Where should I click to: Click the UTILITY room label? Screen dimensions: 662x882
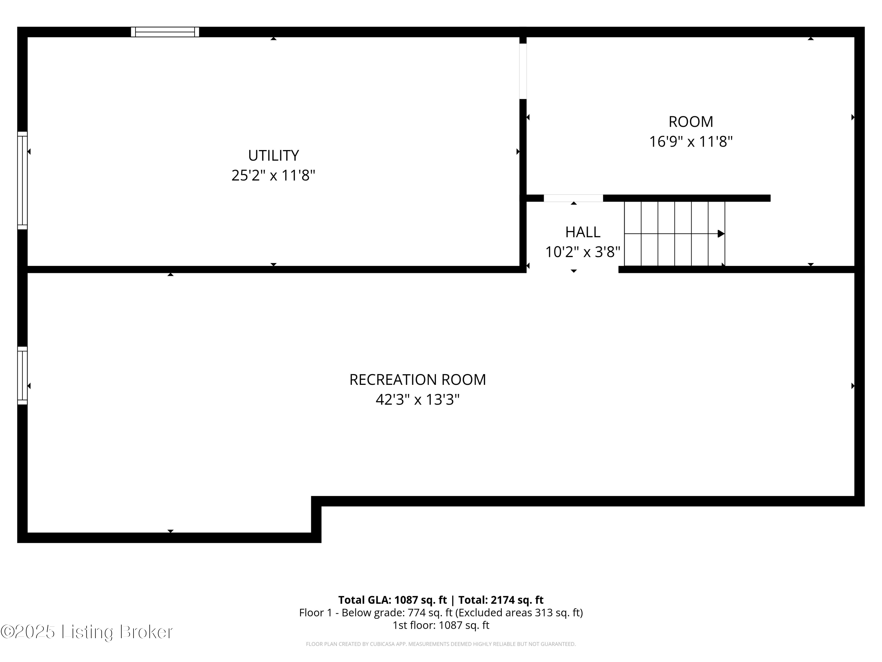click(273, 155)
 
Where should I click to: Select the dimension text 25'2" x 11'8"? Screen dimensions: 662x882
click(273, 175)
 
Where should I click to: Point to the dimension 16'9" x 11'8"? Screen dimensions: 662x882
click(691, 142)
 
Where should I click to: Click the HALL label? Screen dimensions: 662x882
click(582, 232)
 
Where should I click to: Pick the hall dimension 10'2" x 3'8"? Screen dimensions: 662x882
click(582, 252)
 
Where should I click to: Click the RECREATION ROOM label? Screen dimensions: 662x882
click(417, 380)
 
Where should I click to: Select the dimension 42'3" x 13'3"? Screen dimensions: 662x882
click(417, 400)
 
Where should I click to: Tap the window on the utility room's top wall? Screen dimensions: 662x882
click(165, 32)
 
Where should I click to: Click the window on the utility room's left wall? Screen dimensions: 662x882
click(22, 180)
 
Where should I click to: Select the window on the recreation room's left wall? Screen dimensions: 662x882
click(22, 375)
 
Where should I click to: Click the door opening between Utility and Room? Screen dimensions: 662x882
click(523, 71)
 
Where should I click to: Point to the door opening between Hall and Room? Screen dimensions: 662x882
click(573, 198)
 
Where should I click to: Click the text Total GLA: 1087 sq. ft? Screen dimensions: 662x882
click(392, 600)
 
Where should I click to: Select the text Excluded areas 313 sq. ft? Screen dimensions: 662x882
click(519, 613)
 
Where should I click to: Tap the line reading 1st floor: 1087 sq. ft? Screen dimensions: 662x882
click(441, 625)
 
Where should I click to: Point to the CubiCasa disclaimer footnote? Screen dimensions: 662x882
click(441, 644)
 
